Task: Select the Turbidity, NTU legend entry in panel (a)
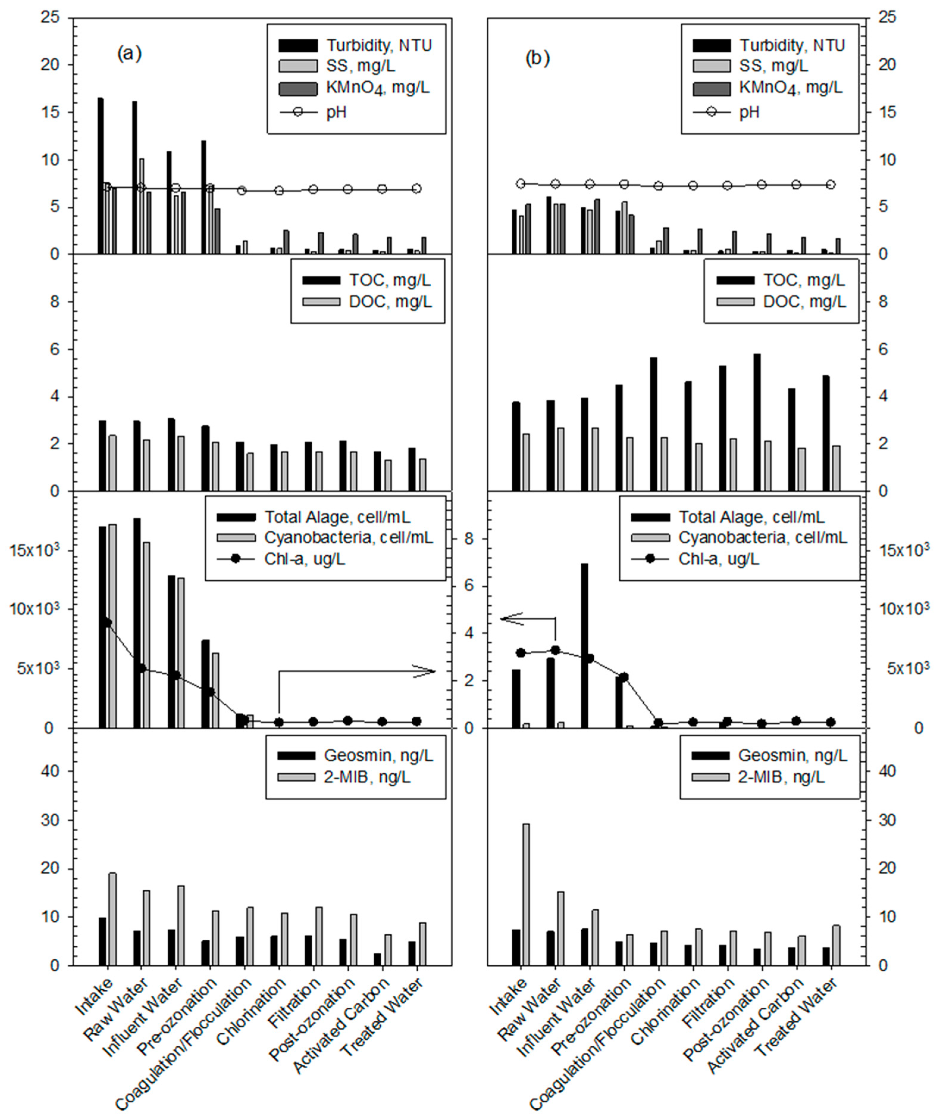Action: click(x=378, y=45)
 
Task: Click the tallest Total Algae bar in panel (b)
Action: click(x=585, y=645)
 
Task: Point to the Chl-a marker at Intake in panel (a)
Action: click(x=106, y=622)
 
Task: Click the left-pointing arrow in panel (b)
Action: click(x=520, y=619)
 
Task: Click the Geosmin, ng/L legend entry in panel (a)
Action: click(x=378, y=755)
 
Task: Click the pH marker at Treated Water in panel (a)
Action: click(x=417, y=189)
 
